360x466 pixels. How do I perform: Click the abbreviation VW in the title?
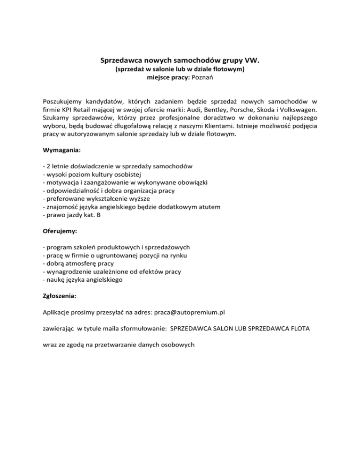(252, 60)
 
